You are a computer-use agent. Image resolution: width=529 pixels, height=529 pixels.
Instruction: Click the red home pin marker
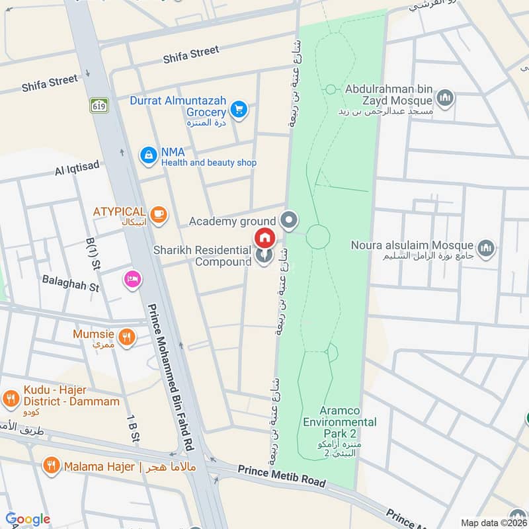[x=264, y=237]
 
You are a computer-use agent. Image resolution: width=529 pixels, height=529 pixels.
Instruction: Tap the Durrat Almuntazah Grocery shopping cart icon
[x=239, y=110]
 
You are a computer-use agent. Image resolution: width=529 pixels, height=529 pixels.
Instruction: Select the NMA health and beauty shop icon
[x=148, y=156]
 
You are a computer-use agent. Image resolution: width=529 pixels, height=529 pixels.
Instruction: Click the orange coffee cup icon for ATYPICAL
[x=158, y=214]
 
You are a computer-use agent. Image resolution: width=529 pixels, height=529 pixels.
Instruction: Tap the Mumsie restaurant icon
[x=128, y=337]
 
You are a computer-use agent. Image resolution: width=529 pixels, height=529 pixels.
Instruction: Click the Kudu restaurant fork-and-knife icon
[x=10, y=398]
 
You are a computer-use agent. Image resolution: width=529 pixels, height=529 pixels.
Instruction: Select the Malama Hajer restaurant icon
[x=50, y=466]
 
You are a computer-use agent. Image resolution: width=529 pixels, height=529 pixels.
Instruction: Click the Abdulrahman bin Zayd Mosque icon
[x=445, y=99]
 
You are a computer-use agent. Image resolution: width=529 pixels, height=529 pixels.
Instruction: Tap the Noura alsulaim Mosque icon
[x=486, y=247]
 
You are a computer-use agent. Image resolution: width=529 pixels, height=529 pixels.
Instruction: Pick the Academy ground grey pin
[x=288, y=220]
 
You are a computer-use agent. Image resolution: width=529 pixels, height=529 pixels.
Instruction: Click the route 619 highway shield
[x=99, y=104]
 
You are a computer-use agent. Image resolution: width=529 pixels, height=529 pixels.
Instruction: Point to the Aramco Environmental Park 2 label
[x=339, y=422]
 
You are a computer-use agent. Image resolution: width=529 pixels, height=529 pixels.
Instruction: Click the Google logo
[x=28, y=519]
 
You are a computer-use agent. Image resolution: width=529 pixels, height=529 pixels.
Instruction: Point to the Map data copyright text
[x=492, y=523]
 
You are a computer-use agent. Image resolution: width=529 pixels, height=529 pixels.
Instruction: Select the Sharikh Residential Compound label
[x=202, y=256]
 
